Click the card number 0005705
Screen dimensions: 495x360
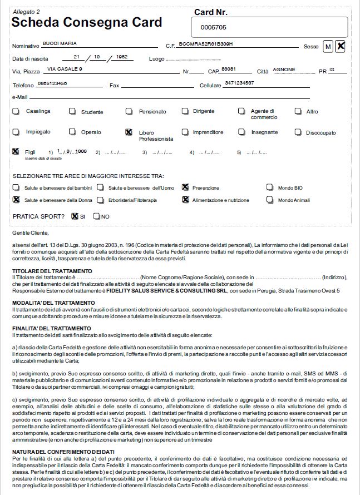point(213,27)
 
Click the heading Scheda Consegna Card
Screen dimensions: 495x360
point(87,22)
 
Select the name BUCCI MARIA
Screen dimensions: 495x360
point(60,43)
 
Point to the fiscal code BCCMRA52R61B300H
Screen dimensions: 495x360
point(208,43)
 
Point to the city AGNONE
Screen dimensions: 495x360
point(284,70)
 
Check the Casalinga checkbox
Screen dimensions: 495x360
point(16,111)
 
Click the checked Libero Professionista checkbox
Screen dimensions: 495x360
point(129,132)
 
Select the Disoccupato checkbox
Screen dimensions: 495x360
point(298,132)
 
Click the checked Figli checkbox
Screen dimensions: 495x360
point(16,151)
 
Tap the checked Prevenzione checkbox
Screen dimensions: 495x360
point(185,187)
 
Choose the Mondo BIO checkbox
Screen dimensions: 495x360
point(269,187)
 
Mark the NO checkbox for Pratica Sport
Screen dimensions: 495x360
point(97,216)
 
